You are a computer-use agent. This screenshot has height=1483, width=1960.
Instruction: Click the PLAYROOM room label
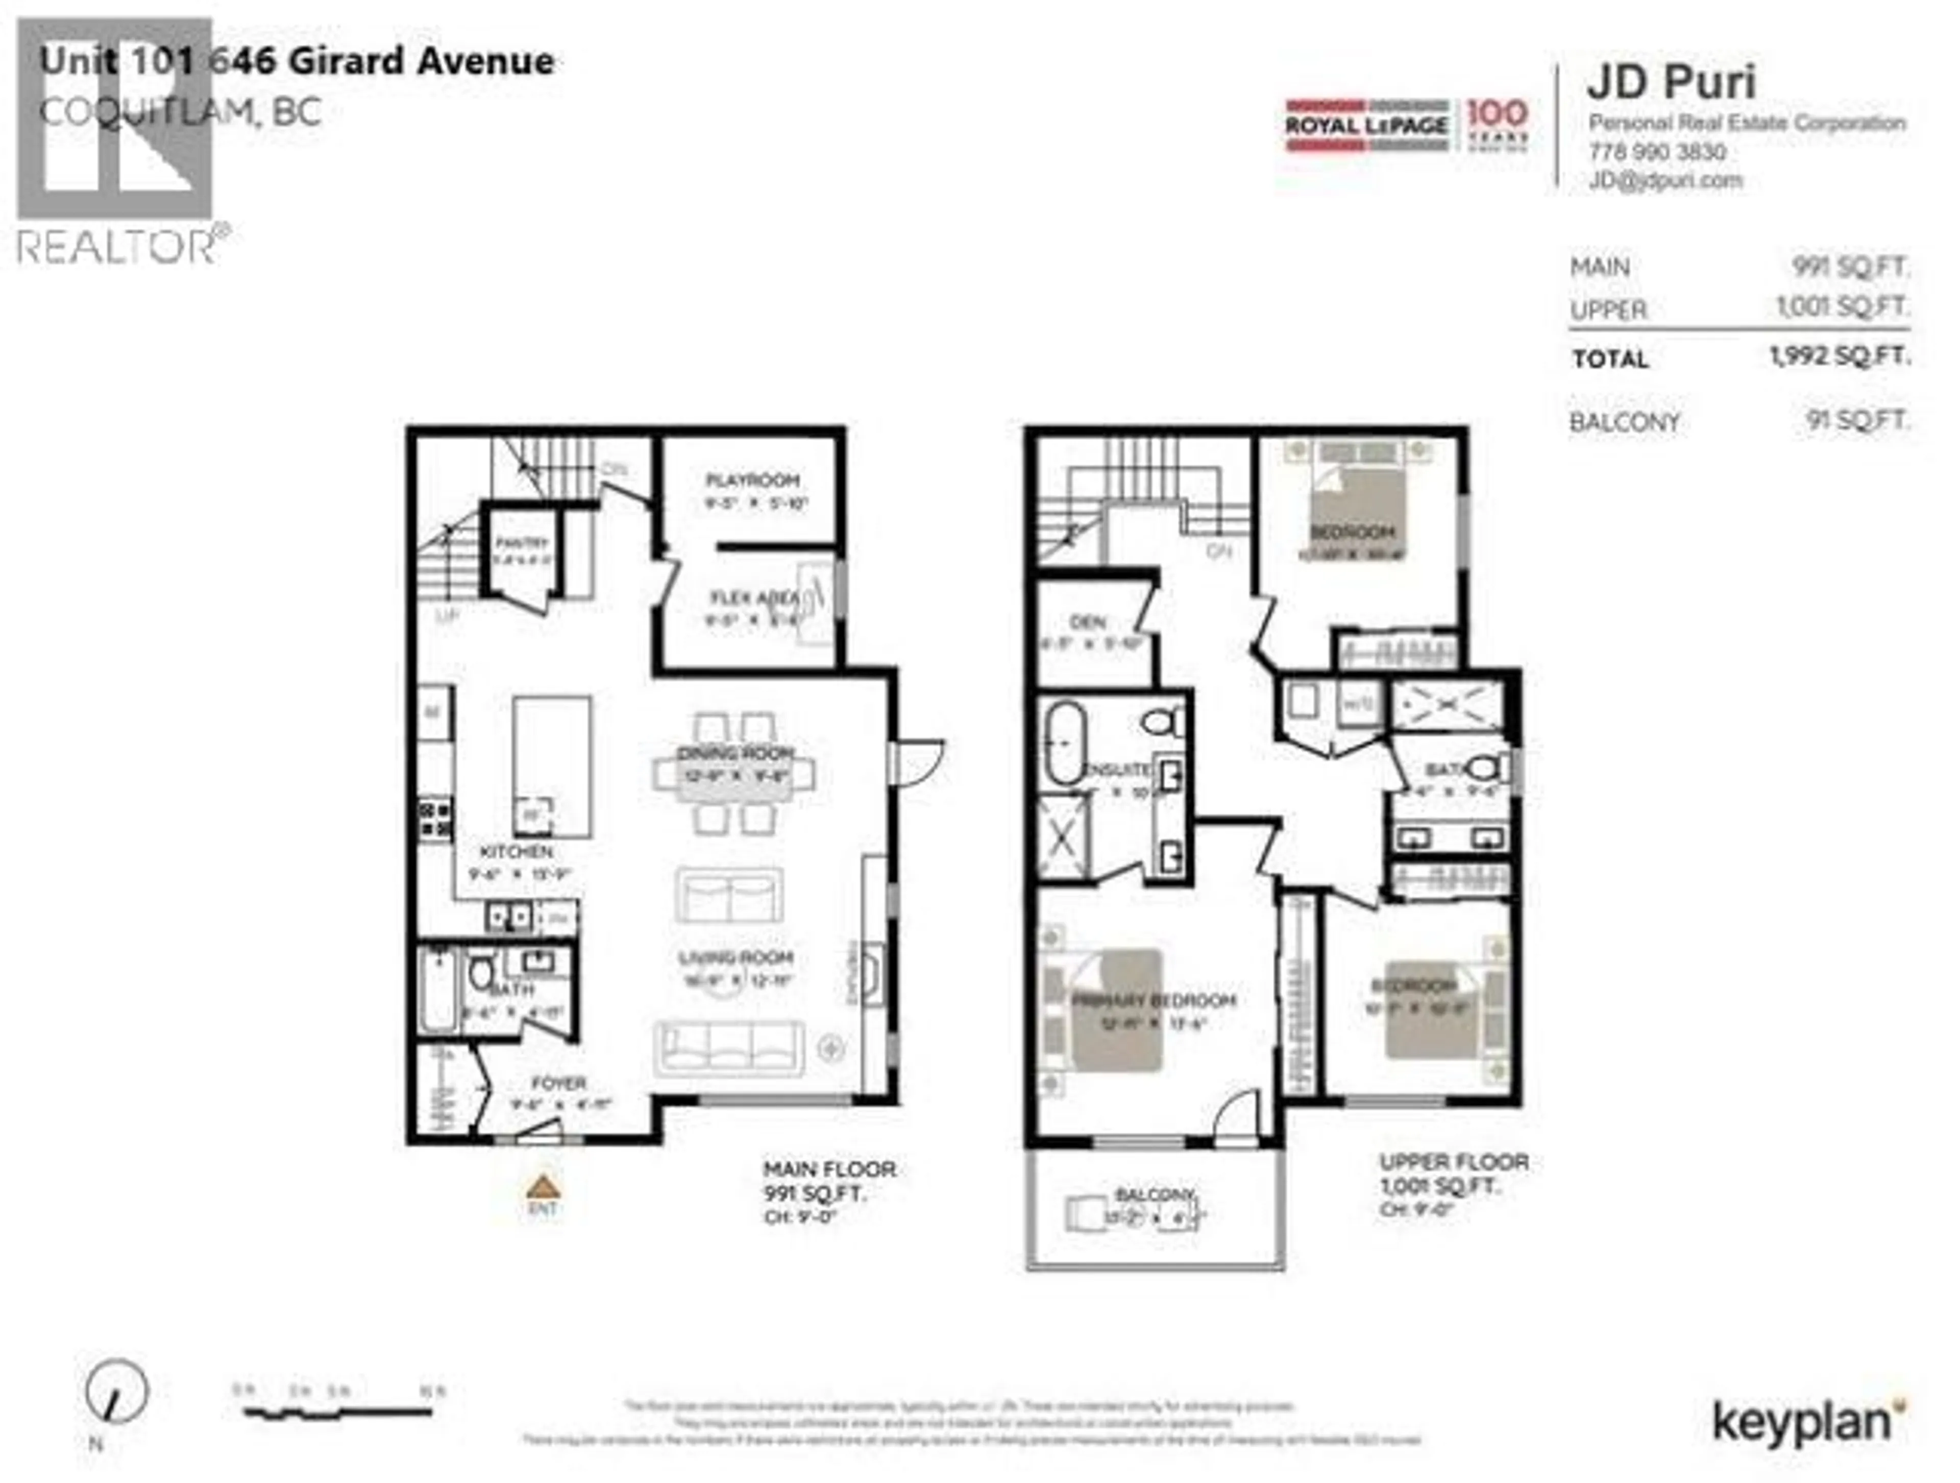click(x=752, y=481)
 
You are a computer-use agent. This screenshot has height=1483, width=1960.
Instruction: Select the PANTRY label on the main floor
click(x=522, y=542)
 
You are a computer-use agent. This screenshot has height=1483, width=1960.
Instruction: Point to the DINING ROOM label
click(x=734, y=753)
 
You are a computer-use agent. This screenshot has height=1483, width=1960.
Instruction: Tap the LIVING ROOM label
click(x=736, y=958)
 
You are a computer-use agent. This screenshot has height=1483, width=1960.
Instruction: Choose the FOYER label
click(x=558, y=1083)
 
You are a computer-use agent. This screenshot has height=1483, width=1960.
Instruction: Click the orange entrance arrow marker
click(x=542, y=1186)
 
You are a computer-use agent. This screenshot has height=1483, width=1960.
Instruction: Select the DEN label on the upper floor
click(x=1088, y=623)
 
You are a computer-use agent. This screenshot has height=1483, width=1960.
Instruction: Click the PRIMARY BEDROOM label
click(x=1154, y=1001)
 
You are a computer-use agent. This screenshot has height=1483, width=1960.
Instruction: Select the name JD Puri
click(x=1670, y=82)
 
